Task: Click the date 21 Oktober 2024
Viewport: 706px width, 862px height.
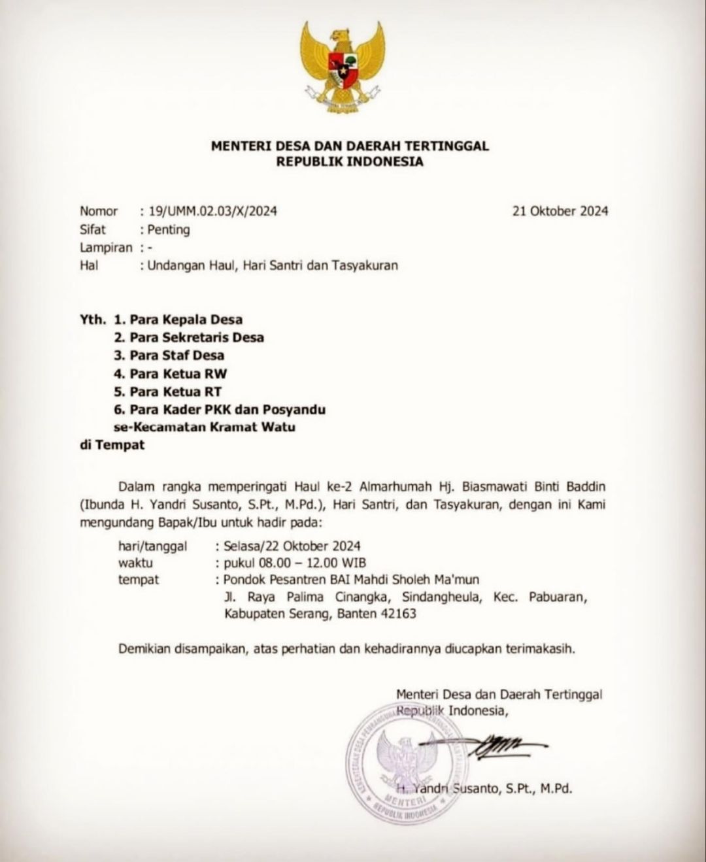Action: coord(561,211)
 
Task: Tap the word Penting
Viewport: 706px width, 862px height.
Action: coord(169,229)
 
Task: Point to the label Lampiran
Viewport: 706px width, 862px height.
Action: coord(105,248)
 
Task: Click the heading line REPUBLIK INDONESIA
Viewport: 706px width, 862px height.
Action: coord(349,161)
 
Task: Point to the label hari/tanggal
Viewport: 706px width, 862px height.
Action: coord(152,546)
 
